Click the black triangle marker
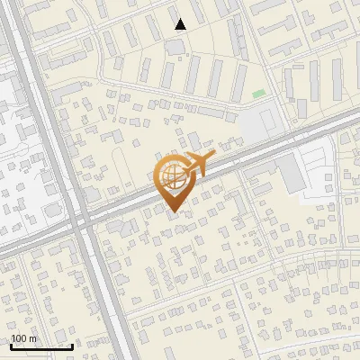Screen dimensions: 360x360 coord(181,24)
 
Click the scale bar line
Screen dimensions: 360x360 coord(41,346)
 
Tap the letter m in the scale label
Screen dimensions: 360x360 coord(34,338)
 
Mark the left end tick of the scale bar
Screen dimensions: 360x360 coord(11,346)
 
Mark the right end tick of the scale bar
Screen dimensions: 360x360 coord(73,346)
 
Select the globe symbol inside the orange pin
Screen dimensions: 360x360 coord(170,175)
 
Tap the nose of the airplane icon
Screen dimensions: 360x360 coord(213,157)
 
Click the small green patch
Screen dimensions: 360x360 coord(259,94)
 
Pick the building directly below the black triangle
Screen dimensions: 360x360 coord(174,45)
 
